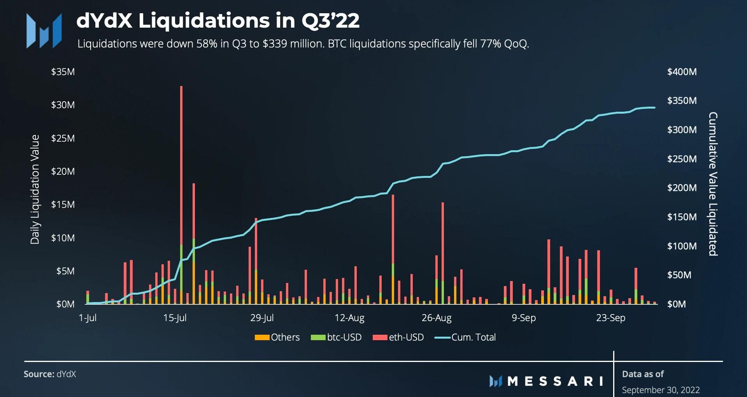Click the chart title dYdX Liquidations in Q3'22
pos(218,21)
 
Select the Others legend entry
pos(277,337)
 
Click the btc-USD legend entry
pos(337,337)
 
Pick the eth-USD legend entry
pos(398,337)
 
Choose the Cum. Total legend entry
pos(466,337)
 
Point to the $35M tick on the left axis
pos(63,72)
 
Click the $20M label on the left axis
pos(63,172)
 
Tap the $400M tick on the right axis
pos(682,72)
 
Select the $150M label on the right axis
pos(682,217)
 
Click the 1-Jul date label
pos(88,318)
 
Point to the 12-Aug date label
pos(349,318)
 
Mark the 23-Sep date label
pos(610,318)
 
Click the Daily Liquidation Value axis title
pos(35,190)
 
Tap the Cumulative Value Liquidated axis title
pos(713,184)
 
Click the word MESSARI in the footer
pos(555,381)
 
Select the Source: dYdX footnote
pos(50,374)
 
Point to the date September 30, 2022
pos(661,390)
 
